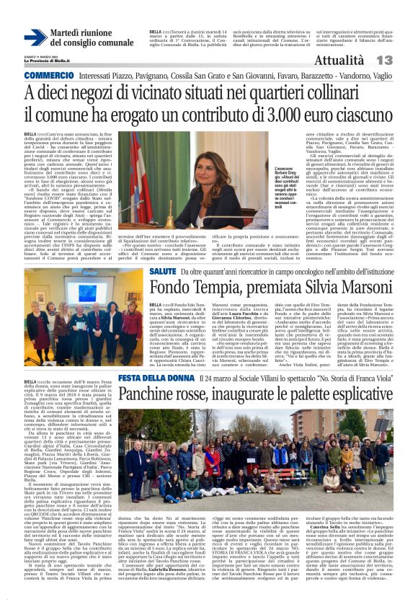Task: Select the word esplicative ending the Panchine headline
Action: pos(358,395)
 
